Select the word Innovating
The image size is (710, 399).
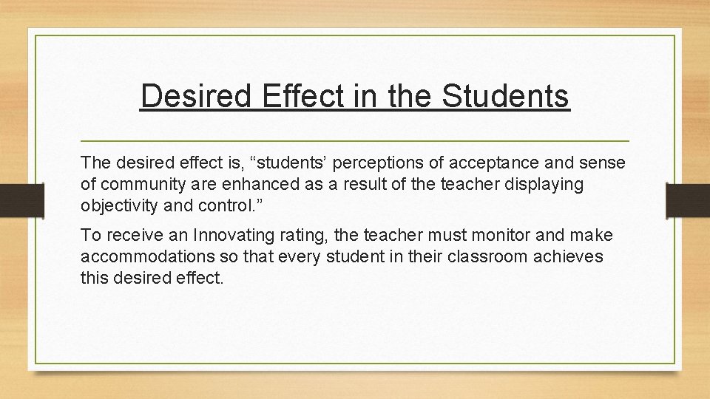231,236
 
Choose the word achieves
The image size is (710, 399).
567,256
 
